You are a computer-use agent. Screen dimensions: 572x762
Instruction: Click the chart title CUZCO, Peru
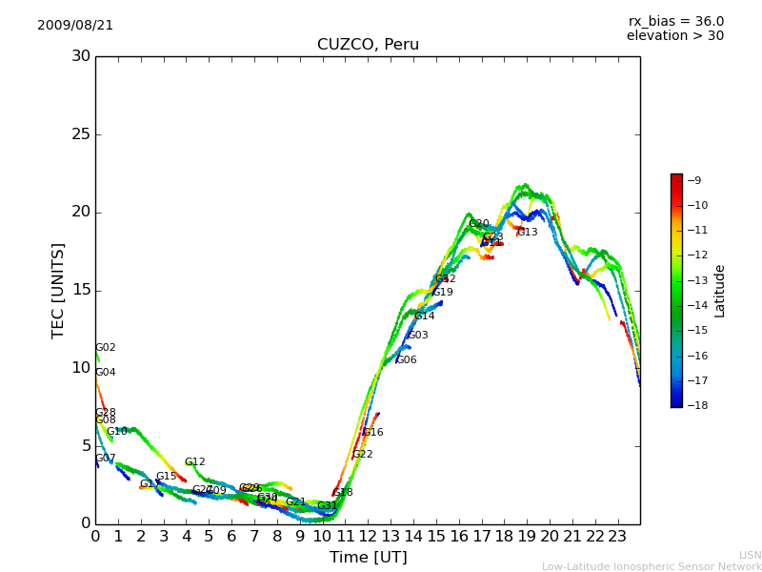(368, 45)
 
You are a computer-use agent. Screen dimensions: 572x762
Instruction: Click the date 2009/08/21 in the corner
(75, 25)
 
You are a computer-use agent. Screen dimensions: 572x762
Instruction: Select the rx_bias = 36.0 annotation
(675, 21)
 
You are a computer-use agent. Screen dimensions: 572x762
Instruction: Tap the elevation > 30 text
(674, 36)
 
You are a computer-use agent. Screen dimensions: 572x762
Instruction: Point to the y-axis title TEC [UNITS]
(59, 290)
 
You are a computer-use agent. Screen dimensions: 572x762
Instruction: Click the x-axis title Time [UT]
(368, 557)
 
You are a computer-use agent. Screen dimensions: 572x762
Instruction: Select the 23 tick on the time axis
(617, 536)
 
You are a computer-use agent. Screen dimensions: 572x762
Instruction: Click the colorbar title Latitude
(720, 290)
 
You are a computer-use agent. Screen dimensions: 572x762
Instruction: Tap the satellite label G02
(105, 348)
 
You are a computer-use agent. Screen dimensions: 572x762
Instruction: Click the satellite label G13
(527, 232)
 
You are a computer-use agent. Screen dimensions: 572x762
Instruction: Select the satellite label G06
(406, 360)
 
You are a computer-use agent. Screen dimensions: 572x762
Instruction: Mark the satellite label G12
(194, 462)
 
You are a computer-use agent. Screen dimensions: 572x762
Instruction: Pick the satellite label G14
(424, 317)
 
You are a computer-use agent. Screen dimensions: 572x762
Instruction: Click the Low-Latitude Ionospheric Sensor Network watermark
(652, 566)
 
